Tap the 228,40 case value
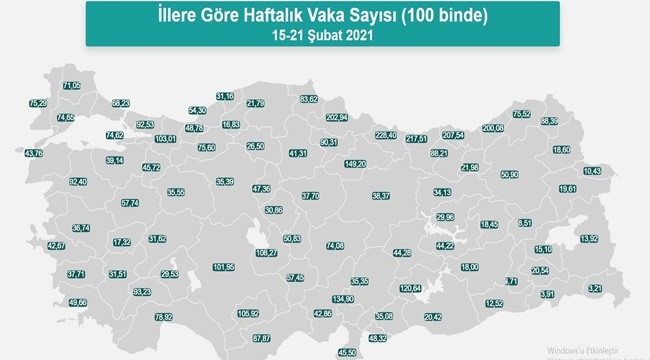point(386,135)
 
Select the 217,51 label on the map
point(417,138)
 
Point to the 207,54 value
point(452,134)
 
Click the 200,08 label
point(493,128)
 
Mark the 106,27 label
point(267,253)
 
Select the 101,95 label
point(225,267)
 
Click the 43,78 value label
point(33,153)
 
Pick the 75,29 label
point(38,103)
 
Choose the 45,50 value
point(347,352)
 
